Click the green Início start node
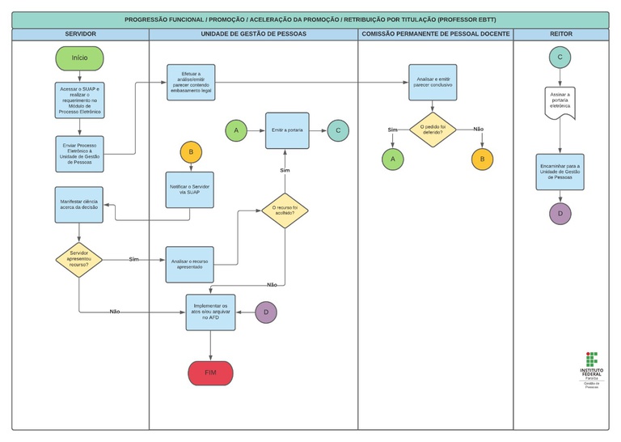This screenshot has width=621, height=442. pos(79,58)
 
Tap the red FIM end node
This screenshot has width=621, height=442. pos(210,372)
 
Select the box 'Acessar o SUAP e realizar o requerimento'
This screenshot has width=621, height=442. pos(79,100)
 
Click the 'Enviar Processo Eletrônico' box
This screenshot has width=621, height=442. pos(79,154)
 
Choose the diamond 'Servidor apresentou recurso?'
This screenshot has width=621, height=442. pos(79,259)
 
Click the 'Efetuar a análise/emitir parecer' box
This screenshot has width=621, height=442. pos(191,83)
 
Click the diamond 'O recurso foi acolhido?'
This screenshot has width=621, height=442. pos(285,210)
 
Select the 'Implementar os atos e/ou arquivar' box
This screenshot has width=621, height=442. pos(210,312)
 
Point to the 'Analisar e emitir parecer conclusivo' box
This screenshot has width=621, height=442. pos(433,83)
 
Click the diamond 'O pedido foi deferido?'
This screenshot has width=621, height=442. pos(433,130)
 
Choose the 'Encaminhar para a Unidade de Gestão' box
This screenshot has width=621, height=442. pos(560,172)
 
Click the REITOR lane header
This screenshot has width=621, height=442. pos(560,34)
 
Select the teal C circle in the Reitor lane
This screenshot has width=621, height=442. pos(560,57)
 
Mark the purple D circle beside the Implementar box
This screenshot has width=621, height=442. pos(266,312)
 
